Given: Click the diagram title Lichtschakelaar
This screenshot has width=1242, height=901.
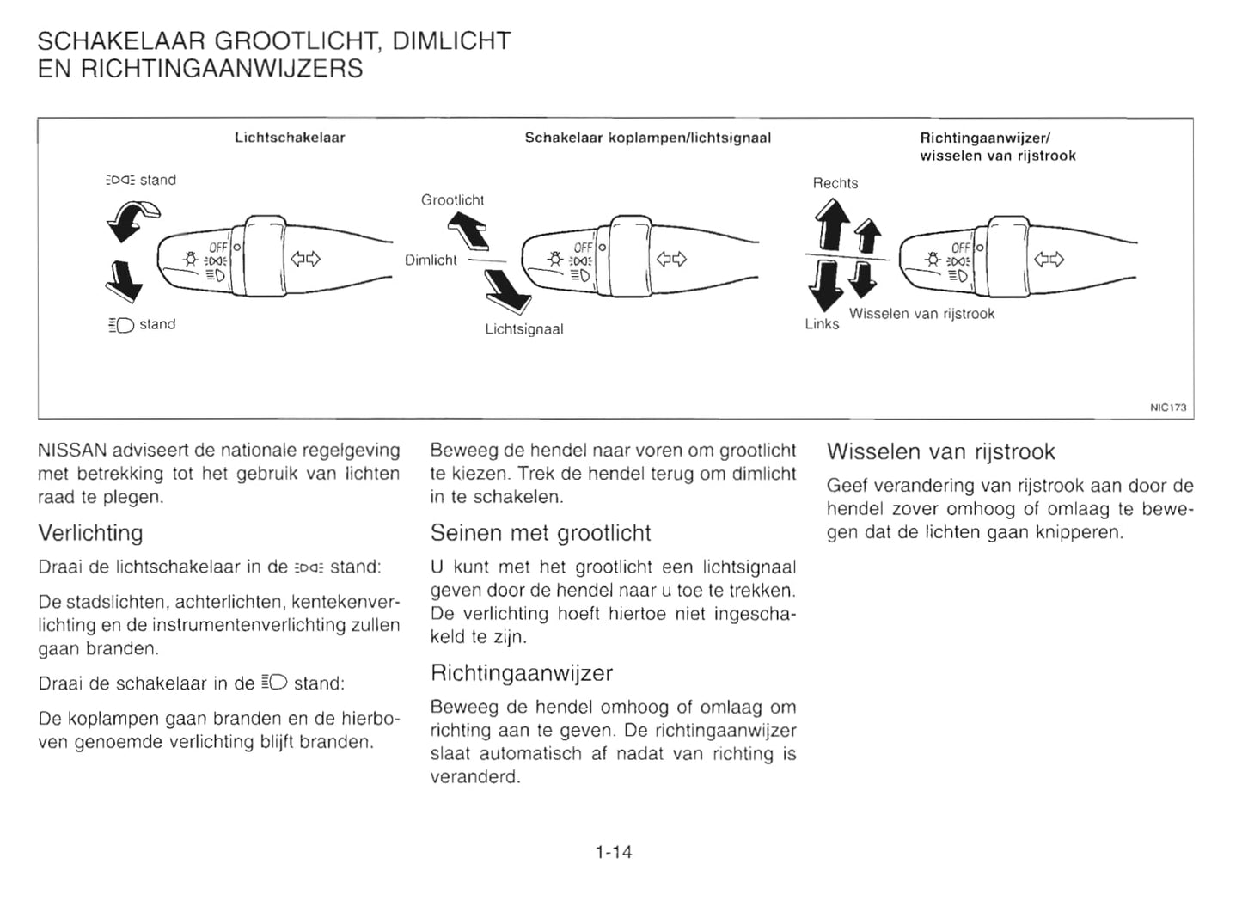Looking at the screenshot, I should [290, 138].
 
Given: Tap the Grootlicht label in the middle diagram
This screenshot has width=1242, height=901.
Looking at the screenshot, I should [452, 200].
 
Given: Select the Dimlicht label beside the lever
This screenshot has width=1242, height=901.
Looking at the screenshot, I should [431, 260].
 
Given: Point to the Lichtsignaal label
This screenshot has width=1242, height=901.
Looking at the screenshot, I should [523, 329].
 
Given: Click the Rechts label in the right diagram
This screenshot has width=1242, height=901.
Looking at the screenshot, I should [835, 183].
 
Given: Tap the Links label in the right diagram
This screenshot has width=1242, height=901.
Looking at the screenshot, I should [822, 324].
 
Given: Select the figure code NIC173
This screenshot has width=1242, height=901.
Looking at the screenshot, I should [1167, 408].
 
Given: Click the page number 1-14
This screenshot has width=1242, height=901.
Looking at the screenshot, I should [613, 852].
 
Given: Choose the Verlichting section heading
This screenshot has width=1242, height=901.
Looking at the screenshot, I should [90, 533].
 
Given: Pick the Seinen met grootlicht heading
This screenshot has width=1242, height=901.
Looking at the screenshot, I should [540, 533].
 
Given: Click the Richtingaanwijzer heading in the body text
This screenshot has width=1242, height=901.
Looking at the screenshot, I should [521, 672].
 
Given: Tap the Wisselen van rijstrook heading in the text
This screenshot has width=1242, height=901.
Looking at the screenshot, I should [940, 452].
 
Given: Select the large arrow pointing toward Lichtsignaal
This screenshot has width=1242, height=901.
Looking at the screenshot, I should [507, 290].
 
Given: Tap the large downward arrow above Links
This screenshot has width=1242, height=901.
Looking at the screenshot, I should [825, 286].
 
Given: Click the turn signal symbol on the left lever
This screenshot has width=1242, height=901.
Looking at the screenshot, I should [304, 259].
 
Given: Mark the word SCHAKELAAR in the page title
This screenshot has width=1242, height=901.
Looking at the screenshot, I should [121, 41].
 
